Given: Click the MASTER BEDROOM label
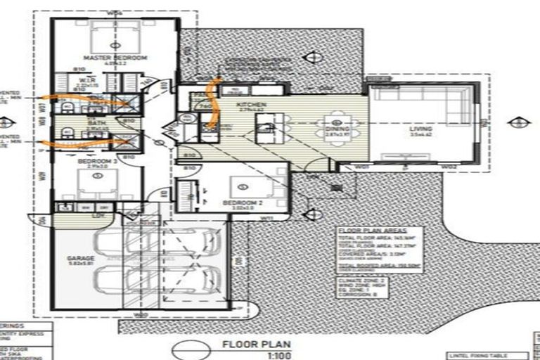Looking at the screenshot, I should [109, 58].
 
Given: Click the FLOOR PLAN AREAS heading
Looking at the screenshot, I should [370, 231].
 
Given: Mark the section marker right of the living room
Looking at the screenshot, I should [515, 122].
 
